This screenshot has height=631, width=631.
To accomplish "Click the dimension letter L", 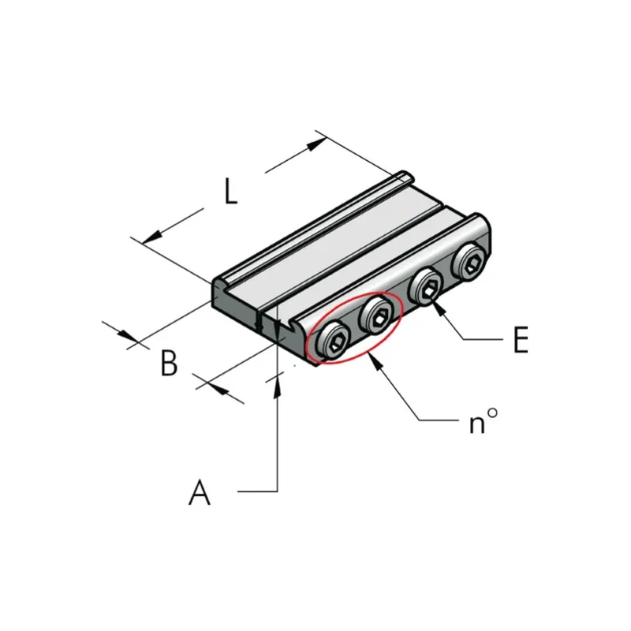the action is tap(230, 191).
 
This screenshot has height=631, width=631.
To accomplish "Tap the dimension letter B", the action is tap(169, 363).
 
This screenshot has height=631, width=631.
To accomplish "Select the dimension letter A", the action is tap(200, 491).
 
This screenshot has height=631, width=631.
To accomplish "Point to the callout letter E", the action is tap(521, 340).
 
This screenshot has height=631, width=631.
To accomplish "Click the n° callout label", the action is tap(484, 420).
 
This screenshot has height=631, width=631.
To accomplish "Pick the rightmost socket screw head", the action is tap(469, 262).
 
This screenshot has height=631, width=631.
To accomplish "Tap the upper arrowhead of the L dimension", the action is tap(316, 144).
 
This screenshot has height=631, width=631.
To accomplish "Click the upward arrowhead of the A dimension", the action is tap(277, 387).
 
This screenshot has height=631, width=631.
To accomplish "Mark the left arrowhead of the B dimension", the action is tap(127, 334).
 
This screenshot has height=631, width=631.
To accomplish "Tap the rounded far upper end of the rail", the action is tap(403, 176).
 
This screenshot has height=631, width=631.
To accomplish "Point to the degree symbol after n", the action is tap(492, 413).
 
